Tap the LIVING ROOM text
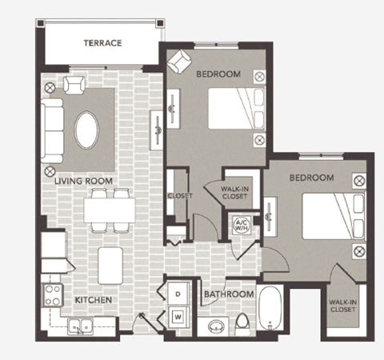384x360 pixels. [83, 181]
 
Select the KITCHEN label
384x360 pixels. [93, 300]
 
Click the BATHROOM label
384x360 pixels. [229, 294]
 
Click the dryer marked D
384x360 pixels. [178, 294]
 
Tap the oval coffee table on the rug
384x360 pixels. [88, 127]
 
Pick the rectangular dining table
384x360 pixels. [109, 210]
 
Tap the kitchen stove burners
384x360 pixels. [52, 294]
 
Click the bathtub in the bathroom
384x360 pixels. [272, 308]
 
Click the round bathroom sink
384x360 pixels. [214, 326]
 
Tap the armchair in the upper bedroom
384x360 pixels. [180, 62]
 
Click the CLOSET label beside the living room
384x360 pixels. [177, 195]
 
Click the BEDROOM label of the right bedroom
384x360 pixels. [310, 176]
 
